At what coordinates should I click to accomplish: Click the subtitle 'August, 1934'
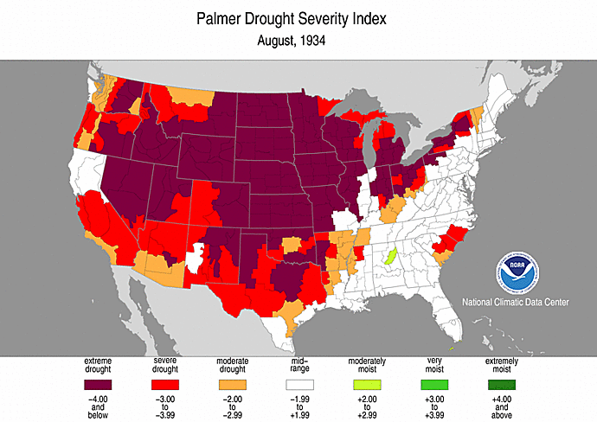tap(298, 40)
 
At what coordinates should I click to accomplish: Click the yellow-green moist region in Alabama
tap(390, 256)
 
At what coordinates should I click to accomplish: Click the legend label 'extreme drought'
tap(101, 364)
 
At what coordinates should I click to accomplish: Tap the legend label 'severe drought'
tap(165, 364)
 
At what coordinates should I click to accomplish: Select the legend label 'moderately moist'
tap(364, 364)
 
